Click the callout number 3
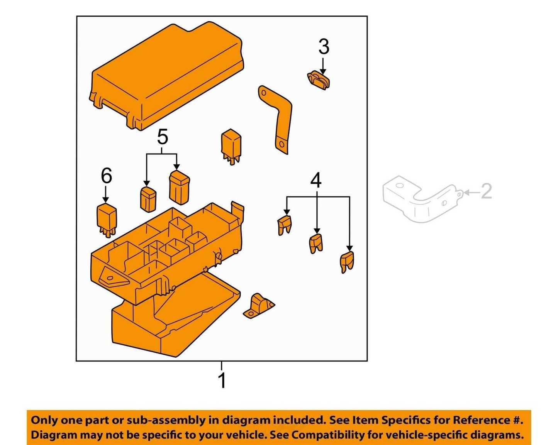pos(324,47)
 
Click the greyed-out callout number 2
pos(487,191)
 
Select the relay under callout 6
pos(107,220)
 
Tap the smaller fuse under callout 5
pos(148,199)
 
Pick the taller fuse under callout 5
pos(179,188)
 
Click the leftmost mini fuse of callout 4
pos(285,225)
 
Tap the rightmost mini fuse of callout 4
pos(347,262)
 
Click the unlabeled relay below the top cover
pos(231,147)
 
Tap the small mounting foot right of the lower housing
pos(258,306)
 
